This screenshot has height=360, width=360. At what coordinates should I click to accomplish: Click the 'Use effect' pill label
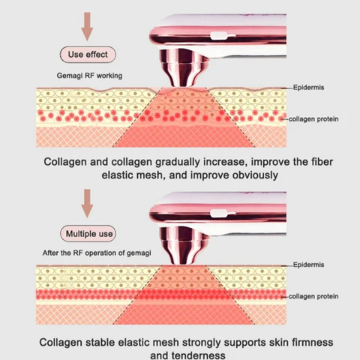tap(88, 54)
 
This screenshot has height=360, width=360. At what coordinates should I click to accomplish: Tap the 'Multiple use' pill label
tap(88, 234)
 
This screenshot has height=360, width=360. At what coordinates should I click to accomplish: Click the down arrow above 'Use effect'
tap(87, 26)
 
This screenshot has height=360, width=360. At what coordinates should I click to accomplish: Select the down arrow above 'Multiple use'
tap(87, 203)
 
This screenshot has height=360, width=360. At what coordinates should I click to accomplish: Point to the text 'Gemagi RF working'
tap(89, 76)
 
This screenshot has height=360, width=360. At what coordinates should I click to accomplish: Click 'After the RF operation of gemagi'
tap(97, 253)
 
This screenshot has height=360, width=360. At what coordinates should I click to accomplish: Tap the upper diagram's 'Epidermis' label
tap(308, 88)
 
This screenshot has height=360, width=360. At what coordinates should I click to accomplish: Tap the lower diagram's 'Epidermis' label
tap(308, 265)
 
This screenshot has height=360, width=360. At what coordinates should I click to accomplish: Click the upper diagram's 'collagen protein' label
tap(313, 119)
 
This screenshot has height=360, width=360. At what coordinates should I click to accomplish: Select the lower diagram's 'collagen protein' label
tap(313, 296)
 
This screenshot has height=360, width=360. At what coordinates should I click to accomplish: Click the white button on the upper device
tap(219, 36)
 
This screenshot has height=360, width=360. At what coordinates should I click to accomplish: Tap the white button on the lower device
tap(219, 213)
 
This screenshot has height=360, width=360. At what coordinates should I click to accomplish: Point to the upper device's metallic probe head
tap(183, 68)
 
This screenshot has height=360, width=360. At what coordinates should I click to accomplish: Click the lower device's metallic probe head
tap(183, 245)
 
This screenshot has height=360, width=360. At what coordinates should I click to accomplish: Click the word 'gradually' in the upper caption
tap(178, 162)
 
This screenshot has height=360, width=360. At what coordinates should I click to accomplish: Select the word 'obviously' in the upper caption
tap(255, 175)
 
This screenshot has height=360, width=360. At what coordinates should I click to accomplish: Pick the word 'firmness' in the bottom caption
tap(311, 342)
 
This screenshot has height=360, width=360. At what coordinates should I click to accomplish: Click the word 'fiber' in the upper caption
tap(322, 162)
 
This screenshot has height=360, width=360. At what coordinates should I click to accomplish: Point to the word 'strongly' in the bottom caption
tap(202, 343)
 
